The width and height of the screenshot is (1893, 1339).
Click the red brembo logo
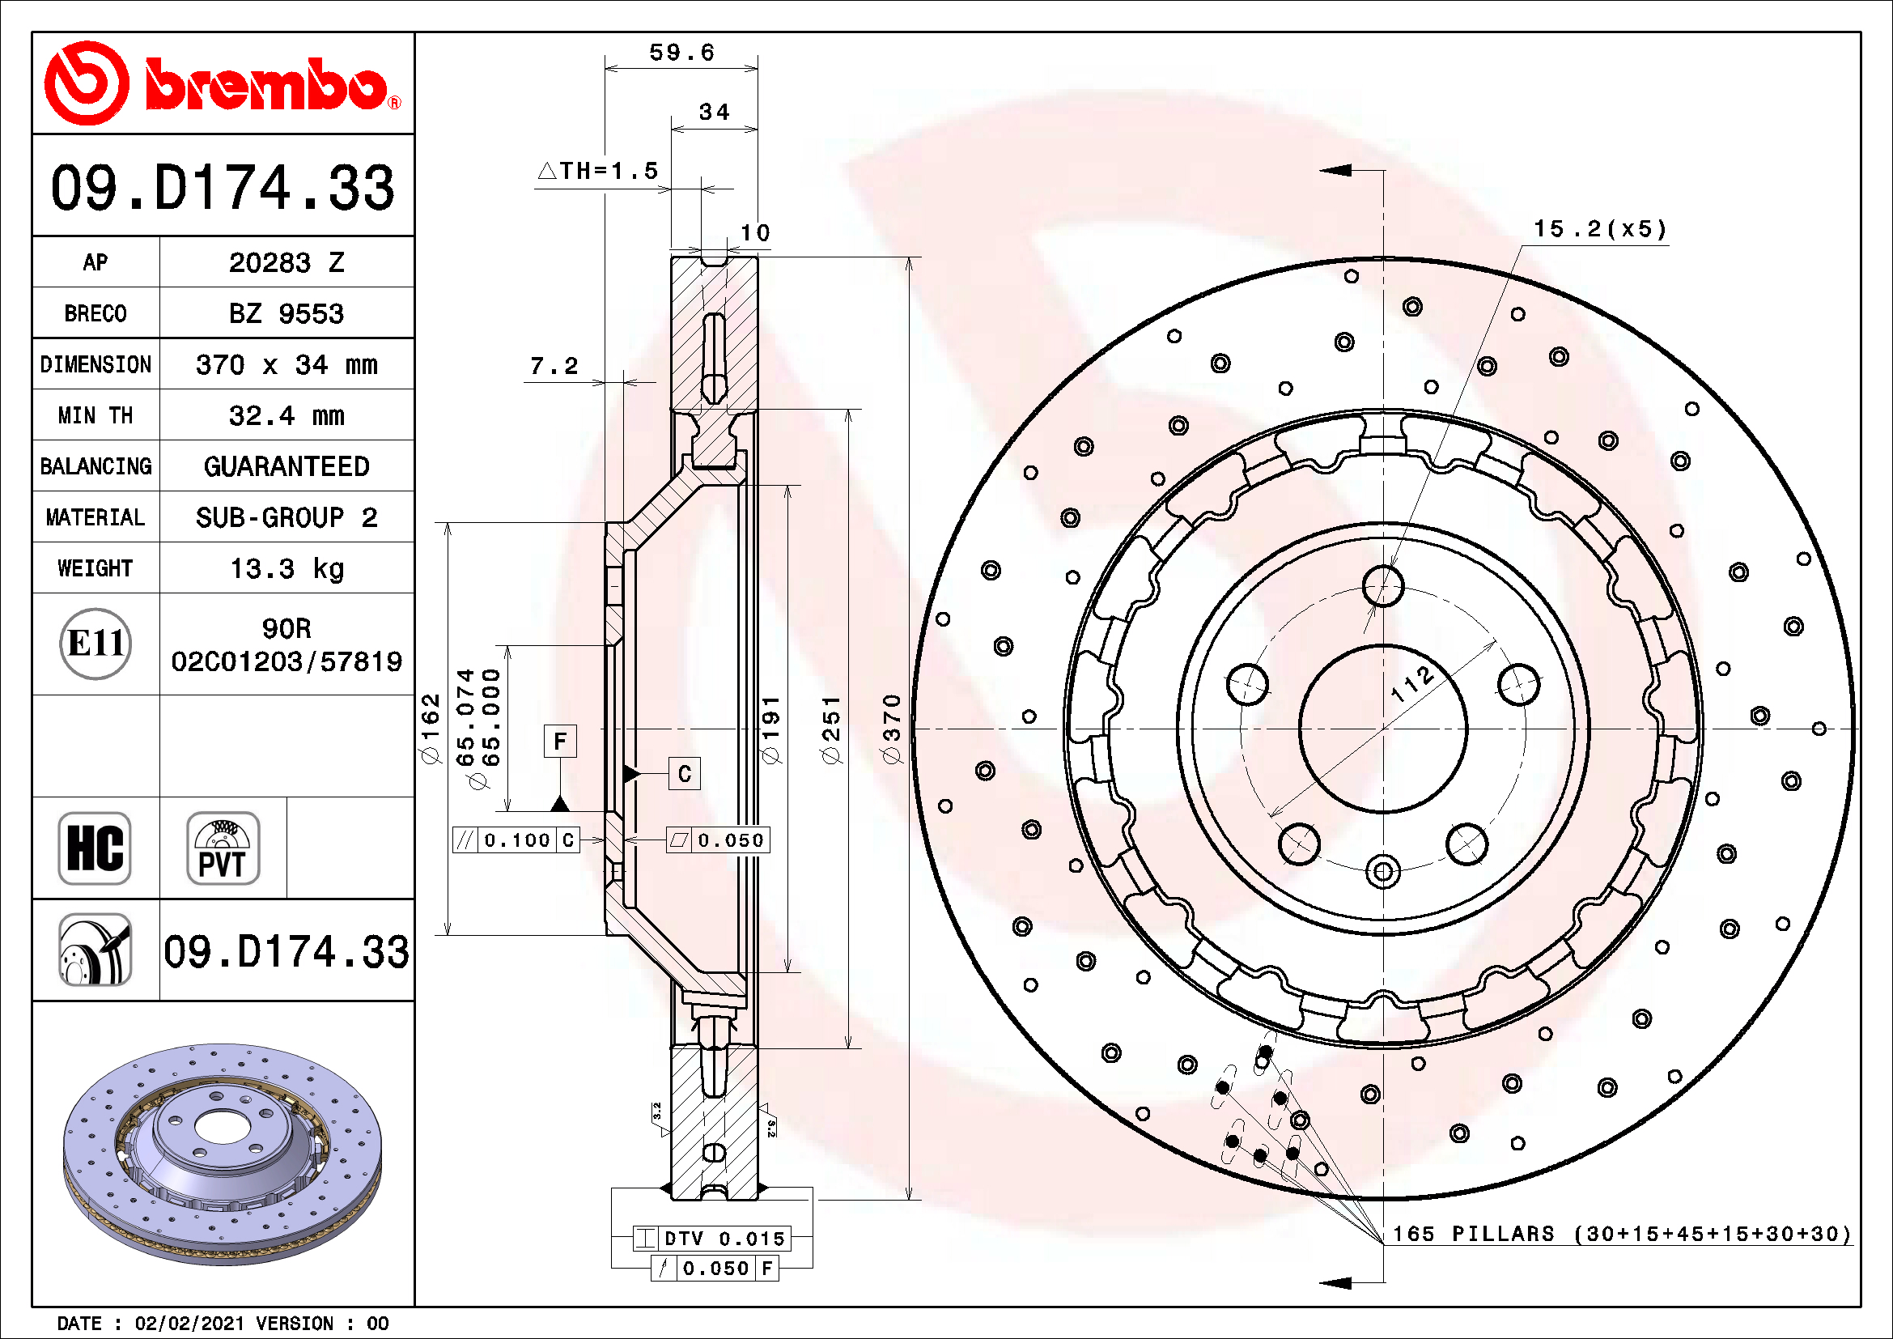[x=223, y=83]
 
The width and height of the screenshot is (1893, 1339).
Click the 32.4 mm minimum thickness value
[x=286, y=415]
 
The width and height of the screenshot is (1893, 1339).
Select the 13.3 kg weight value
[x=286, y=569]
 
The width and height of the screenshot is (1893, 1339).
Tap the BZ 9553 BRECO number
[x=286, y=314]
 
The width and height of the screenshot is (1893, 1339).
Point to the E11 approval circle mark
[x=95, y=644]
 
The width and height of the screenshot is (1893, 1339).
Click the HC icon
[x=95, y=848]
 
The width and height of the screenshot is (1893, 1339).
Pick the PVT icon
[x=223, y=848]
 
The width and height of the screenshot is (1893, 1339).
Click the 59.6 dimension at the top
[x=681, y=53]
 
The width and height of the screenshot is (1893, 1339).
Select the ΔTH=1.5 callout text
[x=599, y=171]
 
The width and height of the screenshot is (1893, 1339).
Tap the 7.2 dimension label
[x=554, y=365]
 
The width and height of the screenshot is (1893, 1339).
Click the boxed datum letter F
[x=560, y=742]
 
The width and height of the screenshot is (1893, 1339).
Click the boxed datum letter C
[x=685, y=773]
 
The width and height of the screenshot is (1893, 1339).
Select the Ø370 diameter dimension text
[x=891, y=729]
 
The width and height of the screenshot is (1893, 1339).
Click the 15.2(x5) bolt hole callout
[x=1600, y=229]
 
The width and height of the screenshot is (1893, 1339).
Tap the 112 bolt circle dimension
[x=1411, y=683]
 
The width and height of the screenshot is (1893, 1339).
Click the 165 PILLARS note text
[x=1621, y=1235]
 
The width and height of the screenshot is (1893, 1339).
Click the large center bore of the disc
[x=1382, y=729]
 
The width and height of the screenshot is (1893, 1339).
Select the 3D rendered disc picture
[x=223, y=1154]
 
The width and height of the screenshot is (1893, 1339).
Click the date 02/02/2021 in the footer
[x=189, y=1324]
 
